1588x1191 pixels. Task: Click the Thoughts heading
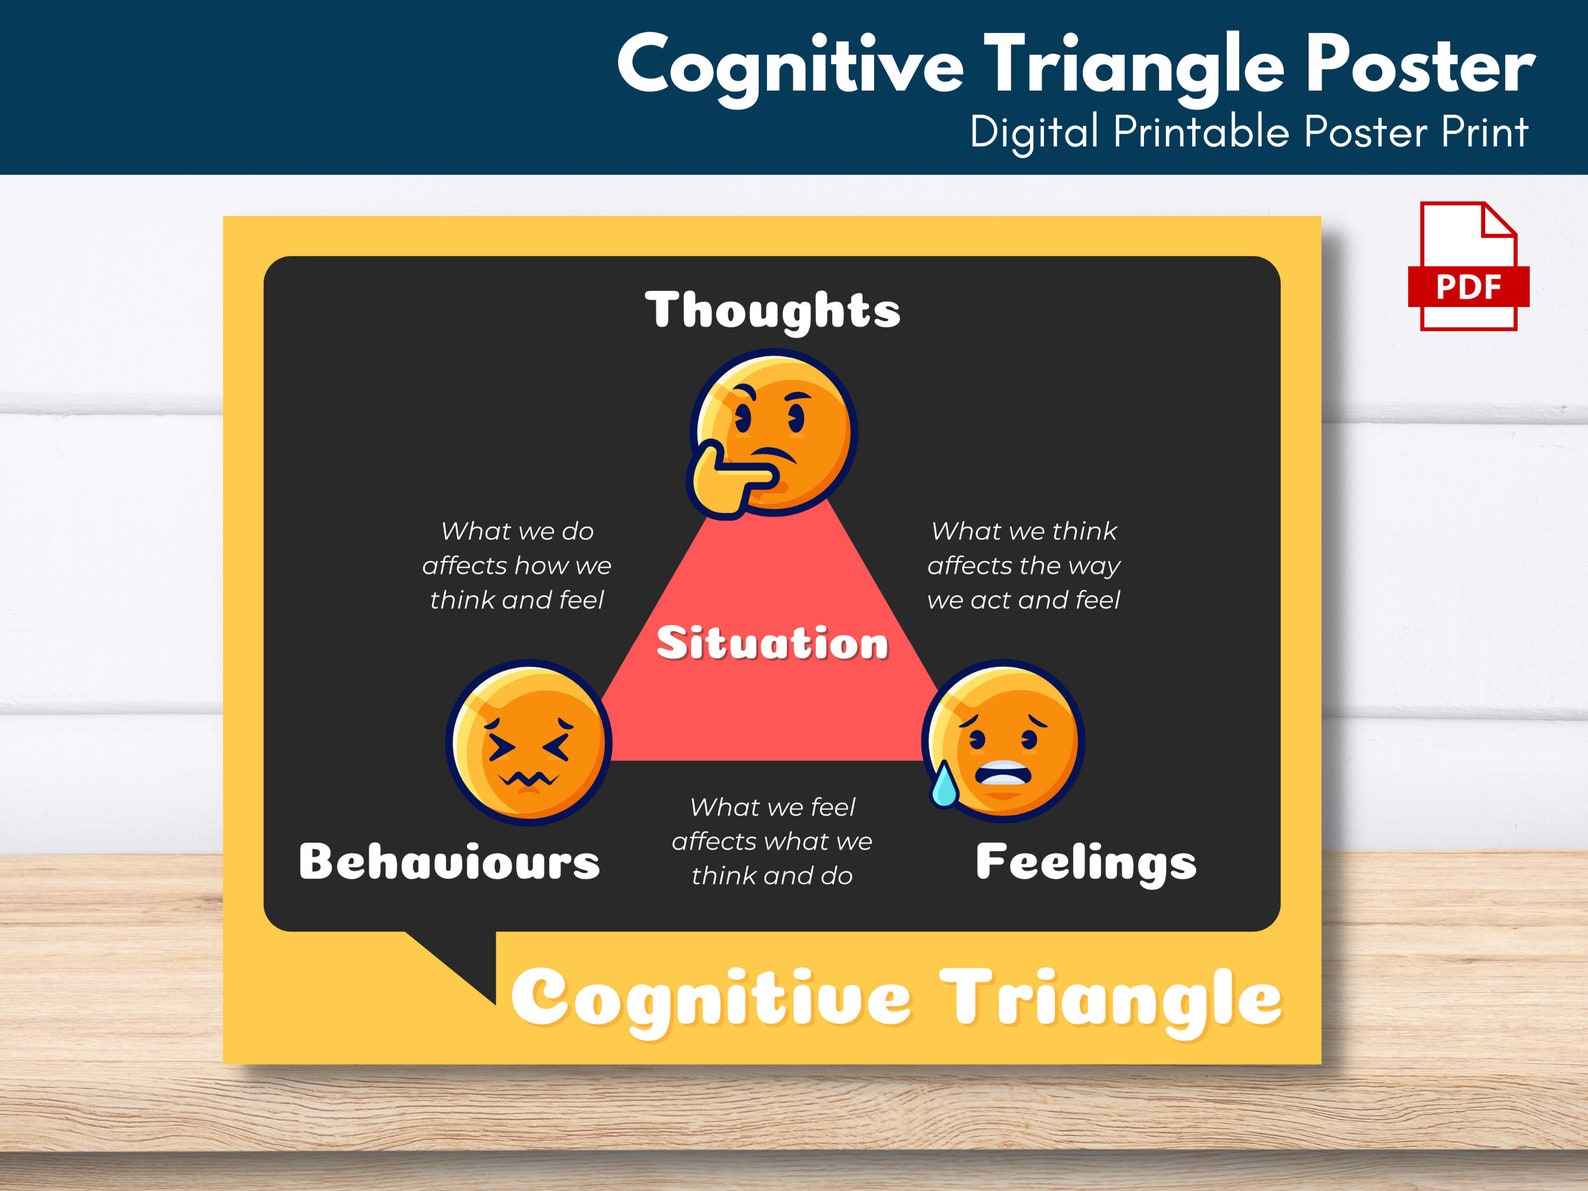click(772, 310)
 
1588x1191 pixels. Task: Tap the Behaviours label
click(449, 862)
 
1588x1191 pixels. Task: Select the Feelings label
click(1085, 862)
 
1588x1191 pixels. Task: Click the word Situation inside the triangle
click(772, 643)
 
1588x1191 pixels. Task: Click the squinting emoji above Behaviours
click(528, 742)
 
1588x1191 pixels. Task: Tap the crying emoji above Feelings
click(1006, 741)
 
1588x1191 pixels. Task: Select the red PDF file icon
click(1468, 266)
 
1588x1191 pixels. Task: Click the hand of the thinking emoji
click(725, 478)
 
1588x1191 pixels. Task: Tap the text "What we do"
click(517, 531)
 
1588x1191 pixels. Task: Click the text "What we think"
click(1024, 531)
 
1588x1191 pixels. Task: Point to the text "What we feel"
click(772, 807)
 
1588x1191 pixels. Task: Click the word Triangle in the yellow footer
click(1110, 998)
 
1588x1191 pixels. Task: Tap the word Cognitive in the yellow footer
click(711, 998)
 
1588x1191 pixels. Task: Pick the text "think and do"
click(772, 876)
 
